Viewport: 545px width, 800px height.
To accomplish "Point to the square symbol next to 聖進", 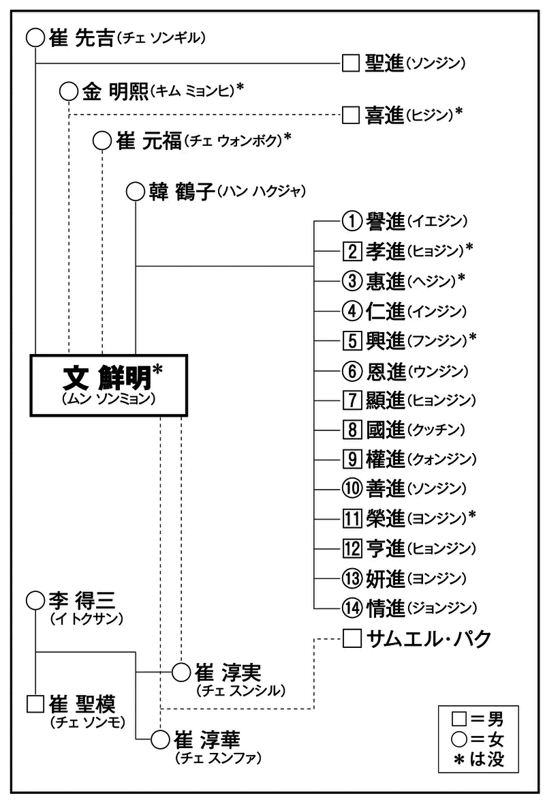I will tap(350, 63).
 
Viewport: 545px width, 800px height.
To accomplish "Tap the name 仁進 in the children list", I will tap(386, 310).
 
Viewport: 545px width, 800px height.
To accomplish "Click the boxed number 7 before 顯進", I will tap(350, 399).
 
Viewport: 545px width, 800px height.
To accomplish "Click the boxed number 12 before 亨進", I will tap(350, 547).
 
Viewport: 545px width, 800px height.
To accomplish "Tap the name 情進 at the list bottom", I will tap(386, 606).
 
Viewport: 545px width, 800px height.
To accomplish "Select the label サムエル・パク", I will tap(429, 639).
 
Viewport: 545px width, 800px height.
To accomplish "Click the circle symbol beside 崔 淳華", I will tap(159, 739).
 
